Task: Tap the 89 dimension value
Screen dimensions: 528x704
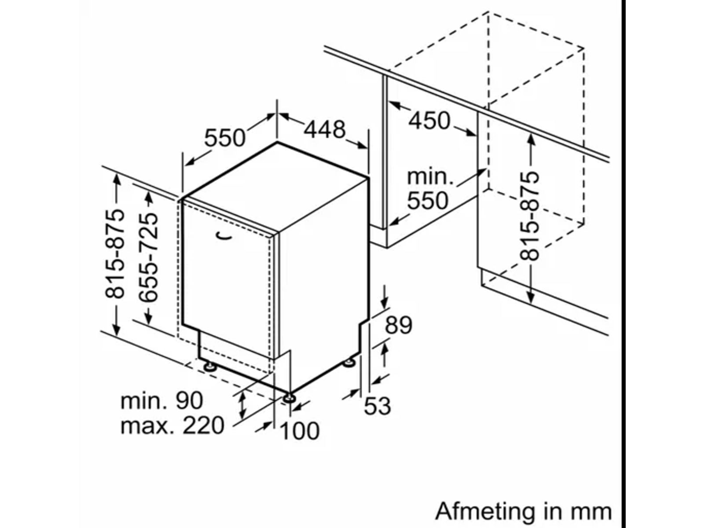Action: point(398,326)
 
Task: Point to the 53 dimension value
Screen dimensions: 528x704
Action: point(377,405)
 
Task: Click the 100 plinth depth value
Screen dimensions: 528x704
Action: point(300,431)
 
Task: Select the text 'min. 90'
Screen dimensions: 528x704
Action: point(162,400)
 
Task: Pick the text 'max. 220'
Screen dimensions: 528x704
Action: point(172,425)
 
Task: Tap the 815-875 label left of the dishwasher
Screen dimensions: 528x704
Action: point(115,254)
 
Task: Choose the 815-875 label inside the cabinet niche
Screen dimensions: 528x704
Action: point(529,216)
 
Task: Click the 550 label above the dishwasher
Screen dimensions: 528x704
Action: point(224,138)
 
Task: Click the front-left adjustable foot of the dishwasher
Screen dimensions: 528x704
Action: point(209,366)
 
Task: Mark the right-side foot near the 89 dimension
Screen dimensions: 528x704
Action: point(350,363)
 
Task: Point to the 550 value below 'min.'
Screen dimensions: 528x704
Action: point(427,201)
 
